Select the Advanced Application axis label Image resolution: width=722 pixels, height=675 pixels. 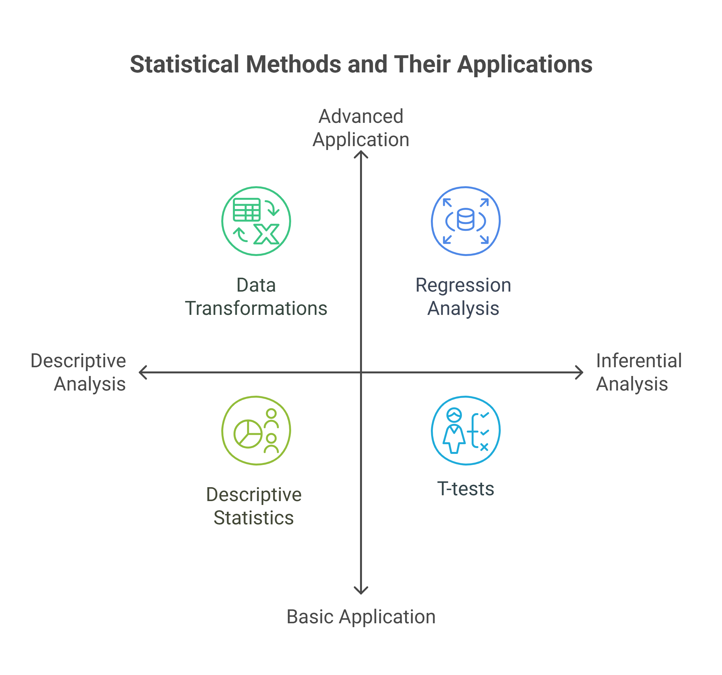[361, 128]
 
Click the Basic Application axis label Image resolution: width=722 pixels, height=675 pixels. [361, 616]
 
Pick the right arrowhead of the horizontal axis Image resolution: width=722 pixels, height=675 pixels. [580, 372]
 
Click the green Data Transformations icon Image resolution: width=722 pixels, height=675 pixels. [256, 221]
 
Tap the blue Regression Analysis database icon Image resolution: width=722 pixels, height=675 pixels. [465, 221]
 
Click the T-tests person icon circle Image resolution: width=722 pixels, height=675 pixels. [465, 430]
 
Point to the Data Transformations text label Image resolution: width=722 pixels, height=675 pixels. [256, 296]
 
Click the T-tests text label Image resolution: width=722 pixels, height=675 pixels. [465, 488]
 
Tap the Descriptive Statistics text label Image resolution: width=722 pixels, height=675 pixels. [254, 506]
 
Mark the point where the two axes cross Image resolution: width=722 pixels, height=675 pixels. [361, 372]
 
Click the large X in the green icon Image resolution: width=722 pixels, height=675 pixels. [267, 234]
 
